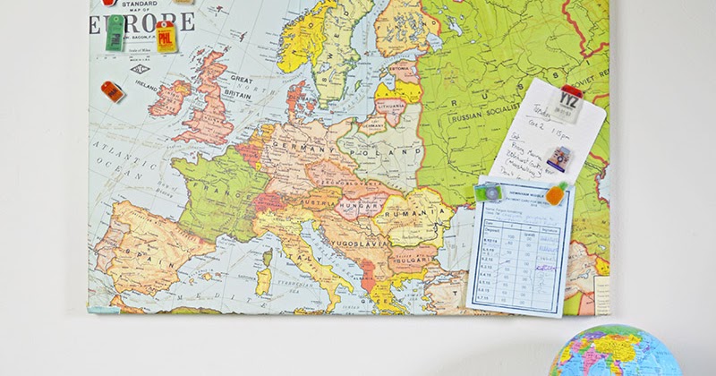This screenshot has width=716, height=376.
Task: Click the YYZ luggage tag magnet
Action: pos(568,101)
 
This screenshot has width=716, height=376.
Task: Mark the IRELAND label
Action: pos(140,96)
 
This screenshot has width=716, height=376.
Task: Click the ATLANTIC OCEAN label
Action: pos(116,158)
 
